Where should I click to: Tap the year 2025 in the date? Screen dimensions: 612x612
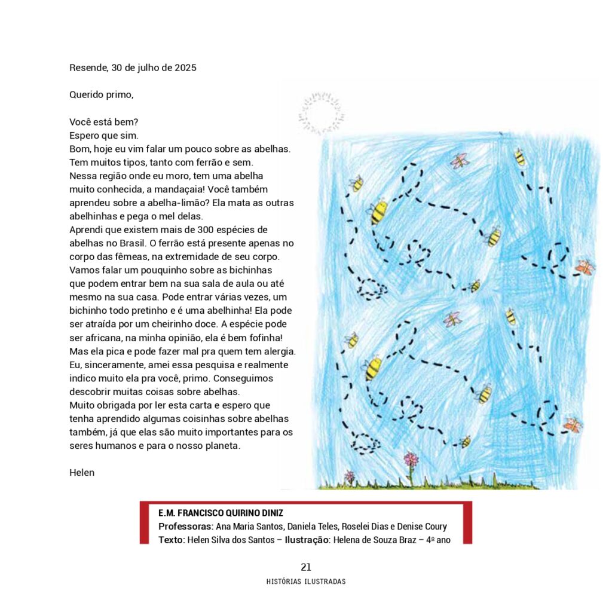(x=185, y=68)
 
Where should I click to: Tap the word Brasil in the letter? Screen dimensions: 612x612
(x=124, y=243)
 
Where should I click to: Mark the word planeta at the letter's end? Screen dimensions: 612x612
(x=222, y=446)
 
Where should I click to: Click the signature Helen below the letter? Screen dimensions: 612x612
(x=82, y=473)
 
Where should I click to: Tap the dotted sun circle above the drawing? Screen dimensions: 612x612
(x=322, y=112)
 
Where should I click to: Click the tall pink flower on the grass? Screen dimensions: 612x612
(x=411, y=460)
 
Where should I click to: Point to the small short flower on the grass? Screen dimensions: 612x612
(x=350, y=476)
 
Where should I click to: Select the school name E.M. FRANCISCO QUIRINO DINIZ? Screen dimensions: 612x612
(x=221, y=513)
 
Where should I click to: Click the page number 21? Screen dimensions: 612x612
(x=306, y=567)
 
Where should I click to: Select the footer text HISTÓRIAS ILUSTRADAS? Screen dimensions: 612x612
(x=306, y=582)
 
